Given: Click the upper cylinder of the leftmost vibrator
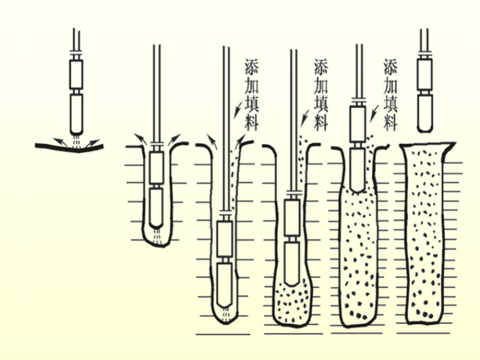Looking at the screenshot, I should pos(76,74).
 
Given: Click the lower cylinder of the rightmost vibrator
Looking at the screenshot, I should pos(425,108).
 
